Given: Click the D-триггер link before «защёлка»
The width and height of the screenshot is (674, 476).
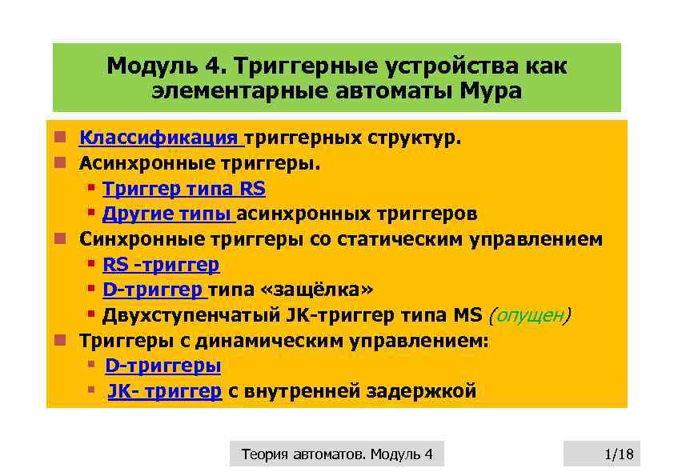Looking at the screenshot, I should tap(154, 290).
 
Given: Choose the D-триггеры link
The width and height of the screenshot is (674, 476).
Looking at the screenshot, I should tap(162, 366).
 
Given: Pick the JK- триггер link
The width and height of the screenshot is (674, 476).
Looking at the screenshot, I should tap(164, 391).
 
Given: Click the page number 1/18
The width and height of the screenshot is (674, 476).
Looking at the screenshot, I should tap(618, 455).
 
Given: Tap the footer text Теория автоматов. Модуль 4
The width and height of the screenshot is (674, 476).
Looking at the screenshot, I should tap(336, 455).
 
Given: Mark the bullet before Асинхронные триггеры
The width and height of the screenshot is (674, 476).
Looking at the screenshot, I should tap(59, 164).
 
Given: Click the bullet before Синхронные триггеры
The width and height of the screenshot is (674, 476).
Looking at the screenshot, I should tap(59, 239).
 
